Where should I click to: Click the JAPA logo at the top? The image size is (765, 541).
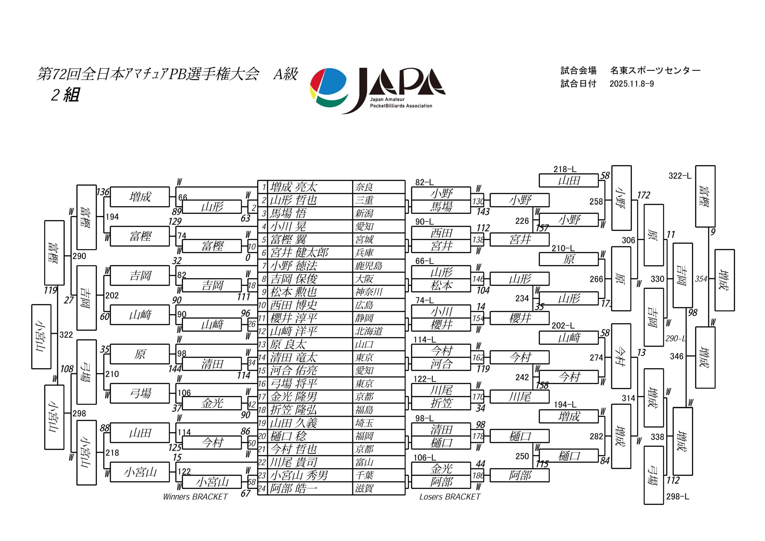click(377, 90)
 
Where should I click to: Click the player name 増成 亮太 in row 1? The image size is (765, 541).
click(293, 187)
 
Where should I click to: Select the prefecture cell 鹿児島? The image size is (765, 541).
click(368, 266)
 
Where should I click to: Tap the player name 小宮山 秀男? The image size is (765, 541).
click(299, 475)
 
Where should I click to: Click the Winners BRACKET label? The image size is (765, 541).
click(195, 497)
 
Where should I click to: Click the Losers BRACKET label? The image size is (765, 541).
click(450, 497)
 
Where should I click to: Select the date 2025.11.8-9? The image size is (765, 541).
click(631, 84)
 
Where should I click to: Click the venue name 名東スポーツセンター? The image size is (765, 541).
click(655, 71)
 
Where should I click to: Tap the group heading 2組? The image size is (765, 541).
click(65, 95)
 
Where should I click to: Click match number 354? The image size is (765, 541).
click(701, 279)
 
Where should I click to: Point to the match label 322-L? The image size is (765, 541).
click(680, 176)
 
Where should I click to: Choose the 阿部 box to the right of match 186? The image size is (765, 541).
click(519, 475)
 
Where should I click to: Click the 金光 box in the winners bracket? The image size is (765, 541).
click(212, 403)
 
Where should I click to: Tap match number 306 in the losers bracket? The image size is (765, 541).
click(628, 240)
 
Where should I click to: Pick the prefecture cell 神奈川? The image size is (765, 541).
click(368, 292)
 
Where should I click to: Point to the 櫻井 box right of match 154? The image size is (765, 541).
click(519, 318)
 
